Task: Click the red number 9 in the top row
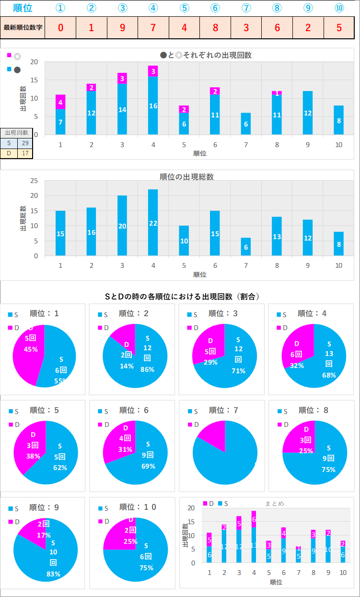122,27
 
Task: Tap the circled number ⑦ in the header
246,8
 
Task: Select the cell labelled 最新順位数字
23,27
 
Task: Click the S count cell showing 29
25,143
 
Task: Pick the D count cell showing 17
25,153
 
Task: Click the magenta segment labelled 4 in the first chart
60,102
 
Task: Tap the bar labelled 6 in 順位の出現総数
246,247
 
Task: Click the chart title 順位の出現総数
186,177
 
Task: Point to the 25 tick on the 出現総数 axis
34,181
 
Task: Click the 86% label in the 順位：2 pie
147,370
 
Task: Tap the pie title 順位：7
224,410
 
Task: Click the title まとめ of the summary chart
274,504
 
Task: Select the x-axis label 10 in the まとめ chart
343,573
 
